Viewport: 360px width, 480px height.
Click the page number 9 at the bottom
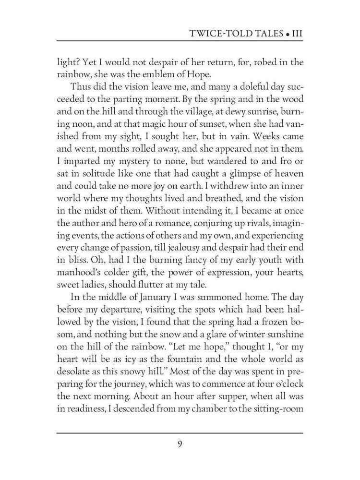[x=180, y=443]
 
